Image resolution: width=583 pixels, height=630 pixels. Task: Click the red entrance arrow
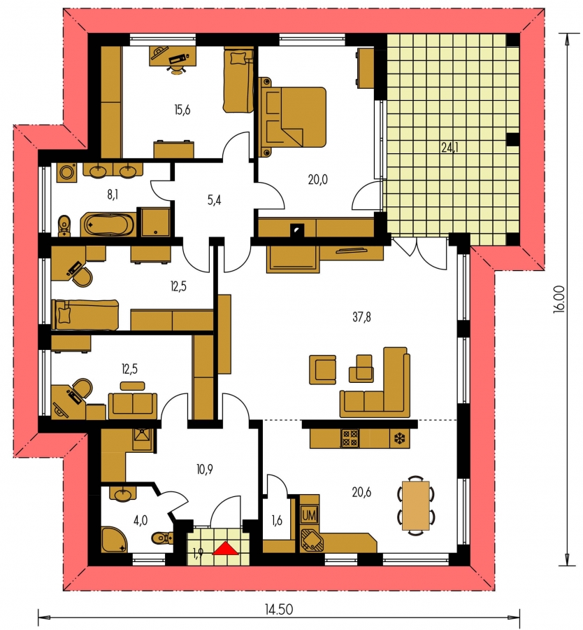pyautogui.click(x=225, y=548)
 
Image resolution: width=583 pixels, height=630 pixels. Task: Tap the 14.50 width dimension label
pyautogui.click(x=278, y=610)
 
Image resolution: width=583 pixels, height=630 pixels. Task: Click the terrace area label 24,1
pyautogui.click(x=449, y=148)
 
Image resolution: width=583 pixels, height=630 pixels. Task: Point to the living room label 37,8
pyautogui.click(x=361, y=317)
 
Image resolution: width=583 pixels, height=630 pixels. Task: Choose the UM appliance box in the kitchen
pyautogui.click(x=309, y=515)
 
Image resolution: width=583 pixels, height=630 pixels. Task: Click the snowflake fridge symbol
pyautogui.click(x=401, y=438)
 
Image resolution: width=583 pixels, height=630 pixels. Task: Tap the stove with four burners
pyautogui.click(x=350, y=438)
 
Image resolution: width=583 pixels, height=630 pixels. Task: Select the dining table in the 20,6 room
pyautogui.click(x=416, y=505)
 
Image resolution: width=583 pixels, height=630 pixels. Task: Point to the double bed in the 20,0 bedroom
pyautogui.click(x=294, y=117)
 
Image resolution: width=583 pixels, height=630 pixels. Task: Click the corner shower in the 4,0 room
pyautogui.click(x=115, y=539)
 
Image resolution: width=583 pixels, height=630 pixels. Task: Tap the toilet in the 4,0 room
pyautogui.click(x=162, y=537)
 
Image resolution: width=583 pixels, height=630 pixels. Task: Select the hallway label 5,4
pyautogui.click(x=215, y=200)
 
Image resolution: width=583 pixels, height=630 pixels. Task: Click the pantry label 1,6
pyautogui.click(x=277, y=520)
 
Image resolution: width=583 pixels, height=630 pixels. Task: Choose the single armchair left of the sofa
pyautogui.click(x=322, y=370)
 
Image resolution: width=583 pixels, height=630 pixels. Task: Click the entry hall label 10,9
pyautogui.click(x=205, y=469)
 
